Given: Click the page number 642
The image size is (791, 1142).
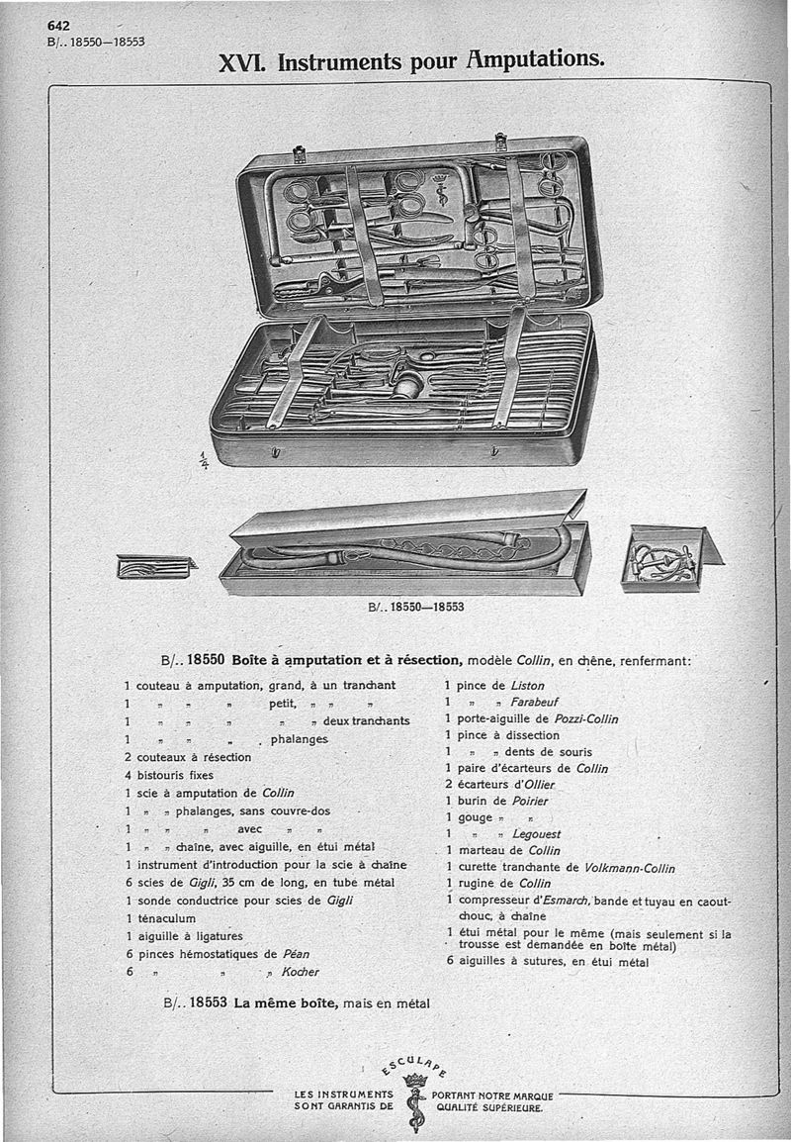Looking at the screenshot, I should click(59, 27).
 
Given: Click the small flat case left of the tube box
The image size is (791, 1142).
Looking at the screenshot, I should click(154, 567).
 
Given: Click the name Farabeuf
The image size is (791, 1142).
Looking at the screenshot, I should click(536, 702).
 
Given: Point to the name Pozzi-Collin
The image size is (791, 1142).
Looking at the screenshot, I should click(586, 718).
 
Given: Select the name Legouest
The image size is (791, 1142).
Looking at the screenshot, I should click(536, 834).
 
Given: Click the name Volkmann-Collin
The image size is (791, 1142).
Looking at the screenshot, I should click(630, 868).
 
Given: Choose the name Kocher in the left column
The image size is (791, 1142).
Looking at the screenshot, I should click(301, 972).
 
